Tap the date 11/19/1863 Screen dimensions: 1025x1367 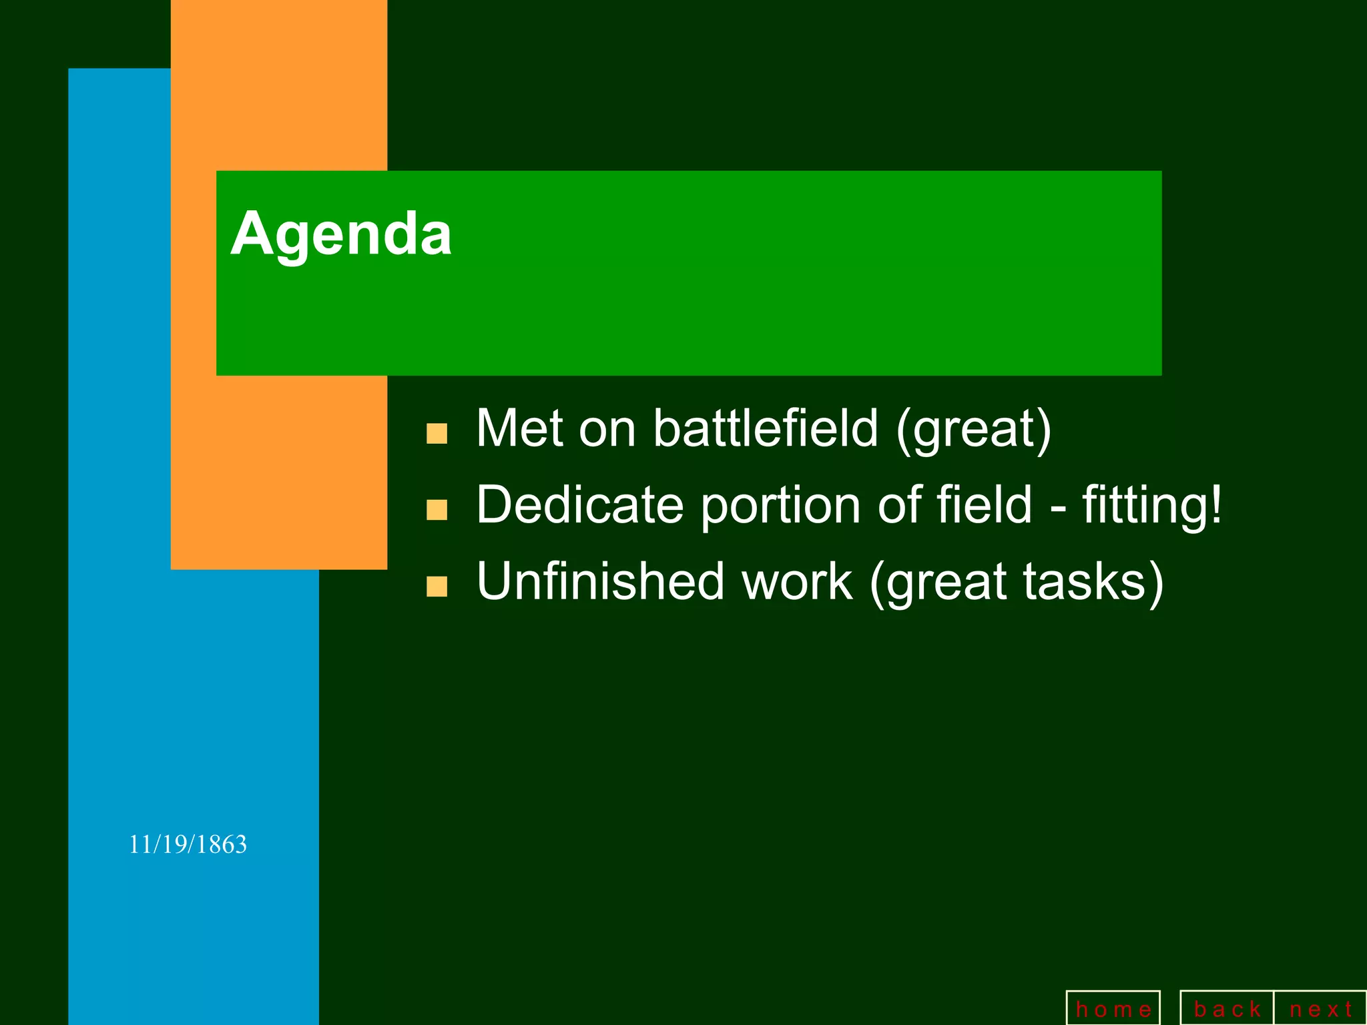[x=188, y=845]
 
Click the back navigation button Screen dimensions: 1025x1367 [x=1227, y=1009]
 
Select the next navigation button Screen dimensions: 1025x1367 [x=1320, y=1009]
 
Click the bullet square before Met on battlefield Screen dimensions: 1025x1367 [x=437, y=433]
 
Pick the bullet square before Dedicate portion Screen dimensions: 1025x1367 [x=437, y=510]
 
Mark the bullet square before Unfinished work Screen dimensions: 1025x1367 [x=437, y=586]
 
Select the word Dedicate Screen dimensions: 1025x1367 [x=579, y=505]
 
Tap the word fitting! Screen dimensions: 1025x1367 [x=1152, y=505]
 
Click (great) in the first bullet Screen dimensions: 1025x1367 [x=974, y=429]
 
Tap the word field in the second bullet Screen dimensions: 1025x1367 [x=985, y=505]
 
